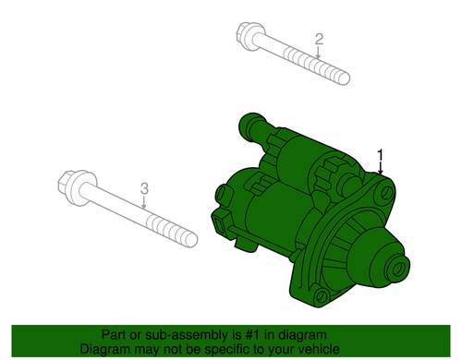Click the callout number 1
click(x=381, y=155)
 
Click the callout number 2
click(x=319, y=40)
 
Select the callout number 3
click(x=144, y=188)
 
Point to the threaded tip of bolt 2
click(x=345, y=78)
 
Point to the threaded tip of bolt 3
click(x=191, y=240)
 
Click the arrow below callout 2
click(x=318, y=52)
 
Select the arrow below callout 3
click(x=143, y=202)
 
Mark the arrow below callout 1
click(x=381, y=168)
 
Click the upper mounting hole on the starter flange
click(x=386, y=193)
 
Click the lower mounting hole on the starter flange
click(x=321, y=296)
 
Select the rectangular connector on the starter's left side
click(x=221, y=225)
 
